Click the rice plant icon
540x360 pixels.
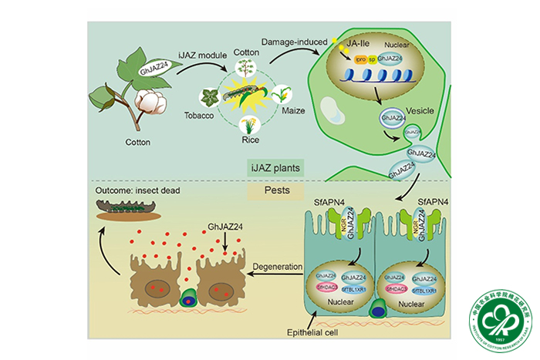click(248, 124)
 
